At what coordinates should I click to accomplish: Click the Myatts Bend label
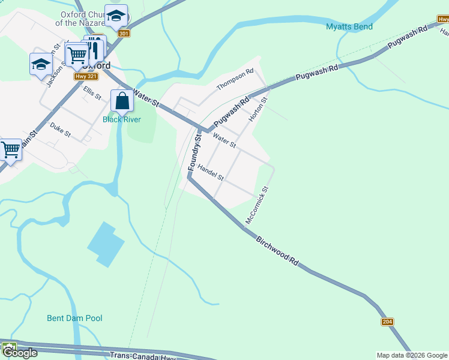coord(349,26)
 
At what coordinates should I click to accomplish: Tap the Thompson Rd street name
coord(235,80)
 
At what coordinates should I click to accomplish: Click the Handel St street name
coord(210,173)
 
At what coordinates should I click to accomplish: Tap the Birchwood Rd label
coord(277,251)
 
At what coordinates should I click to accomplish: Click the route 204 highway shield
coord(387,322)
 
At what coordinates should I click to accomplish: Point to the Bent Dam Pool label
coord(74,318)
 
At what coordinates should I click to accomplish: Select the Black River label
coord(121,119)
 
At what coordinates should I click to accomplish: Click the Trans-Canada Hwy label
coord(142,356)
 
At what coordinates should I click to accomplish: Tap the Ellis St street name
coord(92,94)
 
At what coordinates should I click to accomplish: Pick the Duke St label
coord(60,130)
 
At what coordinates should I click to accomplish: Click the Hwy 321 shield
coord(85,76)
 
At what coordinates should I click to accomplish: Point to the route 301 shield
coord(124,34)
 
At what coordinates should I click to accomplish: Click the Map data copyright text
coord(412,355)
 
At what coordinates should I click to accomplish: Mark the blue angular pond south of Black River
coord(106,244)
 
